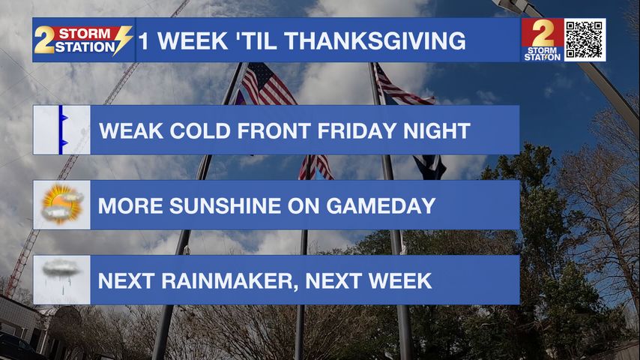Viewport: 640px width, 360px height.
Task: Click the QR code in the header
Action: point(585,40)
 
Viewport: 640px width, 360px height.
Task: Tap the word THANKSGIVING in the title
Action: point(375,41)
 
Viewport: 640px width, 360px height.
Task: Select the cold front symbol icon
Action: point(61,130)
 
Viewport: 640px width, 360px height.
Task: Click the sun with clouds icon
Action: point(61,205)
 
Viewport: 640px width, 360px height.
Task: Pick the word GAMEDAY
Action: point(381,205)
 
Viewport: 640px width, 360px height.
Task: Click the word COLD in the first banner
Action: point(200,130)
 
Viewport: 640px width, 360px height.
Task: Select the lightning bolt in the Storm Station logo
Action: point(122,40)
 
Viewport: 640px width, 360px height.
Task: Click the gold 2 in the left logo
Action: point(44,40)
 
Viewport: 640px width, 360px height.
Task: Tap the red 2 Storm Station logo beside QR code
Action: point(542,40)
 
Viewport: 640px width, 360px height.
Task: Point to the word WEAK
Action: point(131,130)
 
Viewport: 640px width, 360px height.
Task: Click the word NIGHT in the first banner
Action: point(436,130)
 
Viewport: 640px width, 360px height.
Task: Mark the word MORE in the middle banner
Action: point(130,205)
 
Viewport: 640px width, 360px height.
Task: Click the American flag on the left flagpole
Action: point(268,85)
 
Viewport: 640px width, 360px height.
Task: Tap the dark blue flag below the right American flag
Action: point(430,166)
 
